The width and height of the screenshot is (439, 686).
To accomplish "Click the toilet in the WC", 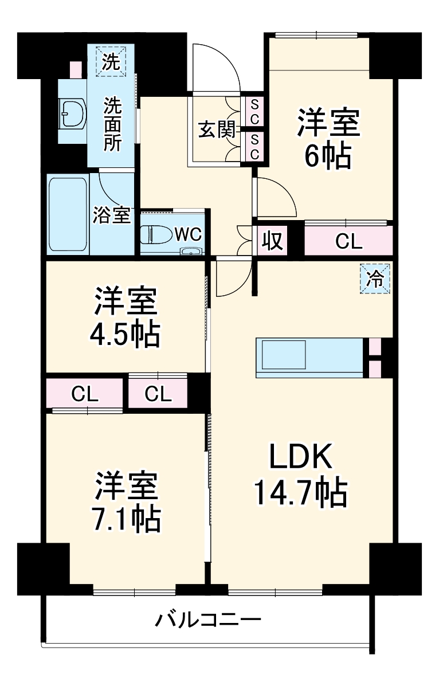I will pyautogui.click(x=154, y=234).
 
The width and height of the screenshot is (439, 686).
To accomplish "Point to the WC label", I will pyautogui.click(x=187, y=234).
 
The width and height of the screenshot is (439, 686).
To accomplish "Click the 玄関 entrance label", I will pyautogui.click(x=217, y=130).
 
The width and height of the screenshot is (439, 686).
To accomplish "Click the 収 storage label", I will pyautogui.click(x=272, y=241).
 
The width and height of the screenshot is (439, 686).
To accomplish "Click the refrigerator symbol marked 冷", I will pyautogui.click(x=375, y=279).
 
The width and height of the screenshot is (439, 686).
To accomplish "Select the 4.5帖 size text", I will pyautogui.click(x=125, y=335).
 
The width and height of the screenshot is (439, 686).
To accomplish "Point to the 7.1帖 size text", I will pyautogui.click(x=126, y=519).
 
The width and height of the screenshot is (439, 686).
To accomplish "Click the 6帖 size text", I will pyautogui.click(x=328, y=156).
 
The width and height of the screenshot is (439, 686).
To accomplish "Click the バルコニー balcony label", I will pyautogui.click(x=209, y=620).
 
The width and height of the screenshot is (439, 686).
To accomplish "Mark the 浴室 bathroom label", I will pyautogui.click(x=112, y=215).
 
